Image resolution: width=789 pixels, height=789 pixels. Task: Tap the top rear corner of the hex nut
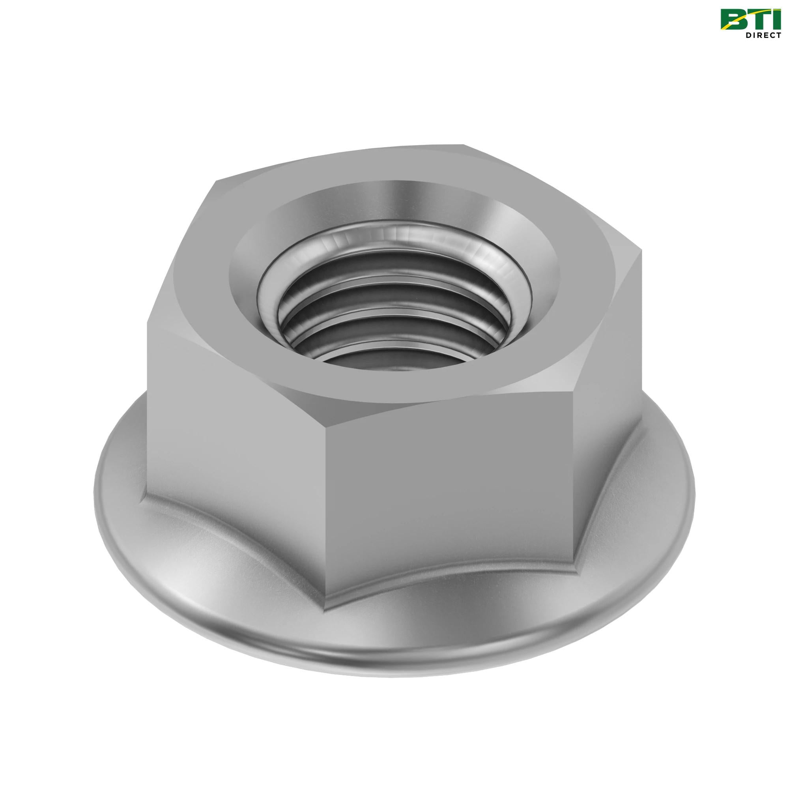pyautogui.click(x=464, y=145)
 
